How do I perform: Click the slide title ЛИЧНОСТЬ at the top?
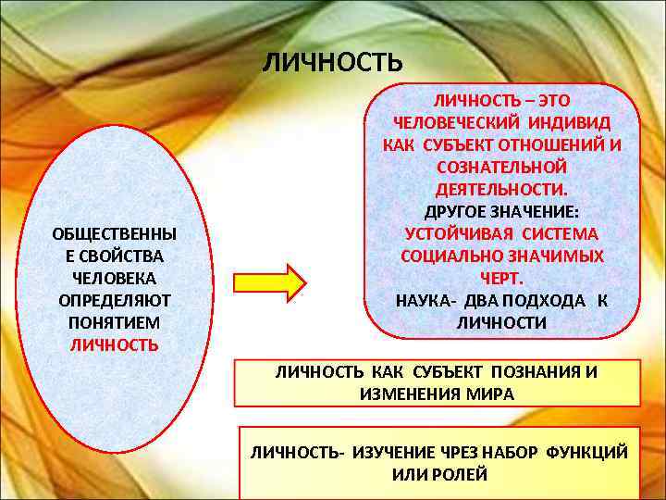333,62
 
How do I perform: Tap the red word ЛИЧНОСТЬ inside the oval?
114,344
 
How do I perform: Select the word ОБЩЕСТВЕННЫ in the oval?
114,233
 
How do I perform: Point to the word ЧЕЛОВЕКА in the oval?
114,278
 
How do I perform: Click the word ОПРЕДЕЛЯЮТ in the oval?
114,300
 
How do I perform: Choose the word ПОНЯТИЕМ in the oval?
114,322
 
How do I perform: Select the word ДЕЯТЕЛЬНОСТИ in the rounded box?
500,189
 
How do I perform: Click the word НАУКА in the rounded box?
421,300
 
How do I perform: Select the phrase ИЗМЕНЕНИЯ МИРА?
437,394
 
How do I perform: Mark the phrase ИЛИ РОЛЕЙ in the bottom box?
438,475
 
